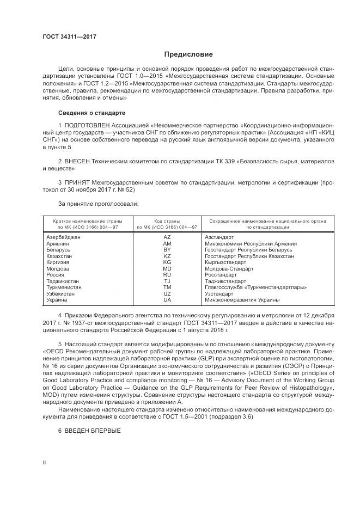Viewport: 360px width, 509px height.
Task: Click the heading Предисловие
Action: click(189, 54)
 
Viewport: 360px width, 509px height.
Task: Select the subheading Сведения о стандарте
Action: click(91, 113)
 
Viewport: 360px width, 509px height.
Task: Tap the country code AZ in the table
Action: click(167, 237)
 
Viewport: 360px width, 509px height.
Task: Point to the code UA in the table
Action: click(167, 299)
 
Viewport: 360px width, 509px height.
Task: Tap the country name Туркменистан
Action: click(64, 287)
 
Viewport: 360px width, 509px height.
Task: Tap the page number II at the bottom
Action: click(44, 463)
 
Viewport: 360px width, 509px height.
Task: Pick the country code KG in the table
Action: click(167, 262)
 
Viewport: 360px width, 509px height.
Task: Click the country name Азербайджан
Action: click(64, 237)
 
